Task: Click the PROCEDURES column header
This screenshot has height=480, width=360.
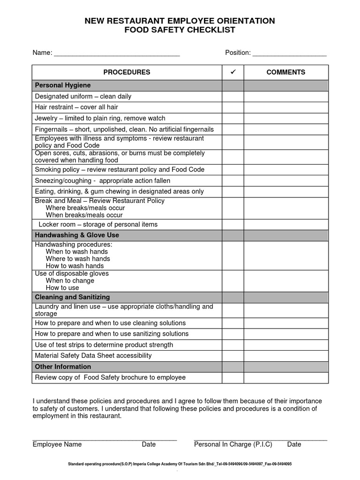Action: click(x=127, y=72)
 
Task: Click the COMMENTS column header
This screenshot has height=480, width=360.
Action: click(x=285, y=72)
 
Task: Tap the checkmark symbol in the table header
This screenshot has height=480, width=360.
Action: click(x=232, y=72)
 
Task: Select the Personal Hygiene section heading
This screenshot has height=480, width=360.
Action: click(x=63, y=85)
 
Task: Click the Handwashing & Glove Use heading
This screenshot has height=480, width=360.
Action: click(x=77, y=235)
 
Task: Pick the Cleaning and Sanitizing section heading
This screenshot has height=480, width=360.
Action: click(x=72, y=297)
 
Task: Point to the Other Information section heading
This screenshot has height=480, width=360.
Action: click(x=63, y=367)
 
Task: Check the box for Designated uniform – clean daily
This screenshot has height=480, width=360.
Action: click(x=232, y=97)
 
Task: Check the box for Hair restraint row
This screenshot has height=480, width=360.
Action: click(x=232, y=107)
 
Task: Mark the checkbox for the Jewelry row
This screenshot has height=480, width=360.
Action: click(x=232, y=118)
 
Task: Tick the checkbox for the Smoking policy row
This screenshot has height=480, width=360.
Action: click(x=232, y=170)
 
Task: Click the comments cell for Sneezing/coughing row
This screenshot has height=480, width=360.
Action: click(x=285, y=180)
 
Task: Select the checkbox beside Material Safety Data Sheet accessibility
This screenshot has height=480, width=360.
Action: click(x=232, y=356)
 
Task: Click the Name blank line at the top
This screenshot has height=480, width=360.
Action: click(x=117, y=53)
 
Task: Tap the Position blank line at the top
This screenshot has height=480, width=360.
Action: click(x=289, y=53)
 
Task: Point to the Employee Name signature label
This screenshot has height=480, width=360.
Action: click(x=57, y=444)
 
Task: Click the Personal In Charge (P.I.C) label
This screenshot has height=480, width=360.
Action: click(x=233, y=444)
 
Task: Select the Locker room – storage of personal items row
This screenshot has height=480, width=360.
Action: click(x=97, y=225)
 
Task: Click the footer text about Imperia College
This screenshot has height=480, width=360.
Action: click(x=180, y=464)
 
